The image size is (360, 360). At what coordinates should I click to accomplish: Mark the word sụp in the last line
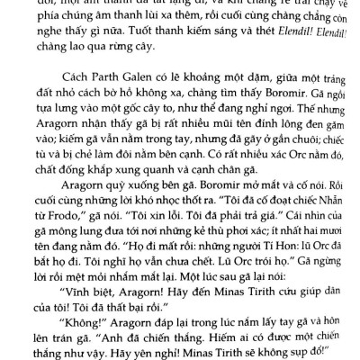click(x=287, y=348)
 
